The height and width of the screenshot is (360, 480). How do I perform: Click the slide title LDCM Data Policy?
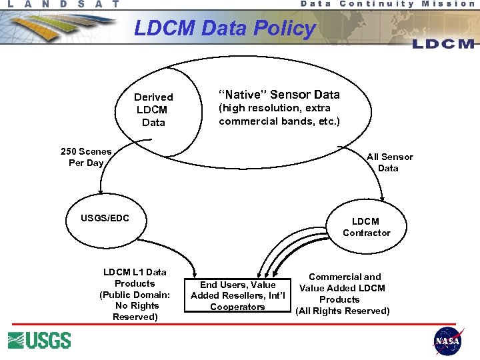point(225,29)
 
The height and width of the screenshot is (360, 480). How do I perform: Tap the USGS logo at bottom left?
point(39,340)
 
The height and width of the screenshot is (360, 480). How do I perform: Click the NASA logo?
point(448,341)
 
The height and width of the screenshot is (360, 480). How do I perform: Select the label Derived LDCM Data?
point(153,109)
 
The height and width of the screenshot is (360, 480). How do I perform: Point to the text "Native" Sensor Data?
point(279,95)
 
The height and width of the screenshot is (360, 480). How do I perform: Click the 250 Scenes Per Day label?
point(86,157)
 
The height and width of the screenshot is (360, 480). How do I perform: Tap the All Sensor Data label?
point(389,162)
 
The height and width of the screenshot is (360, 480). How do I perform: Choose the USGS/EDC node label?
point(105,218)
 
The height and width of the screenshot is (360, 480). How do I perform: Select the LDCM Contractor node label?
point(366,227)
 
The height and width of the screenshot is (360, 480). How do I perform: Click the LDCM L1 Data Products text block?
point(135,294)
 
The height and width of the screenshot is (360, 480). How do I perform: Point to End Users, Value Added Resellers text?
point(237,295)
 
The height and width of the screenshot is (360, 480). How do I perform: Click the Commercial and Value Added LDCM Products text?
point(343,293)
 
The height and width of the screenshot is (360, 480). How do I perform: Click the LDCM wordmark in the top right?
point(443,43)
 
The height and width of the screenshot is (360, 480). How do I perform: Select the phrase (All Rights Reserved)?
point(343,311)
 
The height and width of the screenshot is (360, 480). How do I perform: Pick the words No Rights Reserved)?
point(135,311)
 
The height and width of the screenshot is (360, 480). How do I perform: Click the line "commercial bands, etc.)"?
point(279,121)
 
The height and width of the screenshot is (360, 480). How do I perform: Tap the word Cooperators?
point(237,307)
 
